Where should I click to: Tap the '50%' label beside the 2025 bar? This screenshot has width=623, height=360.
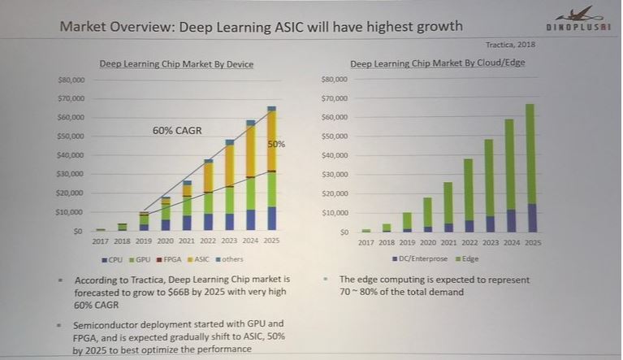(x=277, y=144)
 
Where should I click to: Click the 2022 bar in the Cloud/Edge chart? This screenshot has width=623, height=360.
(x=468, y=195)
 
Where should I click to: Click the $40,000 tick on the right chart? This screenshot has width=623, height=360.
(x=335, y=155)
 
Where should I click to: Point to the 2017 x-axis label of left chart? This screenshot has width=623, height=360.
(x=100, y=242)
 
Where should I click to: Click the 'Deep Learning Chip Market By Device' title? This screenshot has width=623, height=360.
(x=176, y=63)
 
